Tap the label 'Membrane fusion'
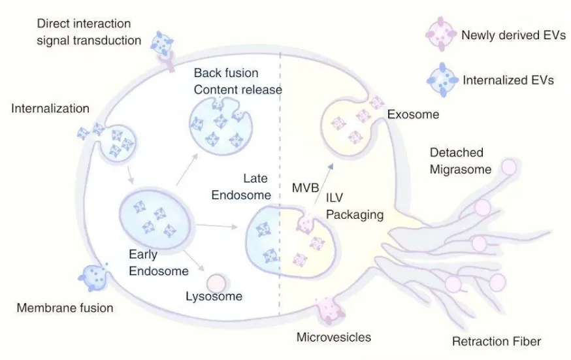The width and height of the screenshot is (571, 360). pyautogui.click(x=65, y=308)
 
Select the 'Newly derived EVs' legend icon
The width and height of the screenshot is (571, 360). pyautogui.click(x=440, y=35)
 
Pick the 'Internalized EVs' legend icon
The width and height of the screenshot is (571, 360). pyautogui.click(x=442, y=80)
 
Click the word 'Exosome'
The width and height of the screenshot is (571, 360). pyautogui.click(x=413, y=115)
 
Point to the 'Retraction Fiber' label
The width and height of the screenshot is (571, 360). pyautogui.click(x=497, y=340)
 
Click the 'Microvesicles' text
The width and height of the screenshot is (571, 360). pyautogui.click(x=334, y=337)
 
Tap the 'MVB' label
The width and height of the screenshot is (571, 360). pyautogui.click(x=304, y=189)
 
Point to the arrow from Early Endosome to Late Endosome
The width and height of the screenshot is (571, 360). pyautogui.click(x=216, y=226)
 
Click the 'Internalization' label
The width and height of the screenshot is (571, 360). pyautogui.click(x=50, y=108)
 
